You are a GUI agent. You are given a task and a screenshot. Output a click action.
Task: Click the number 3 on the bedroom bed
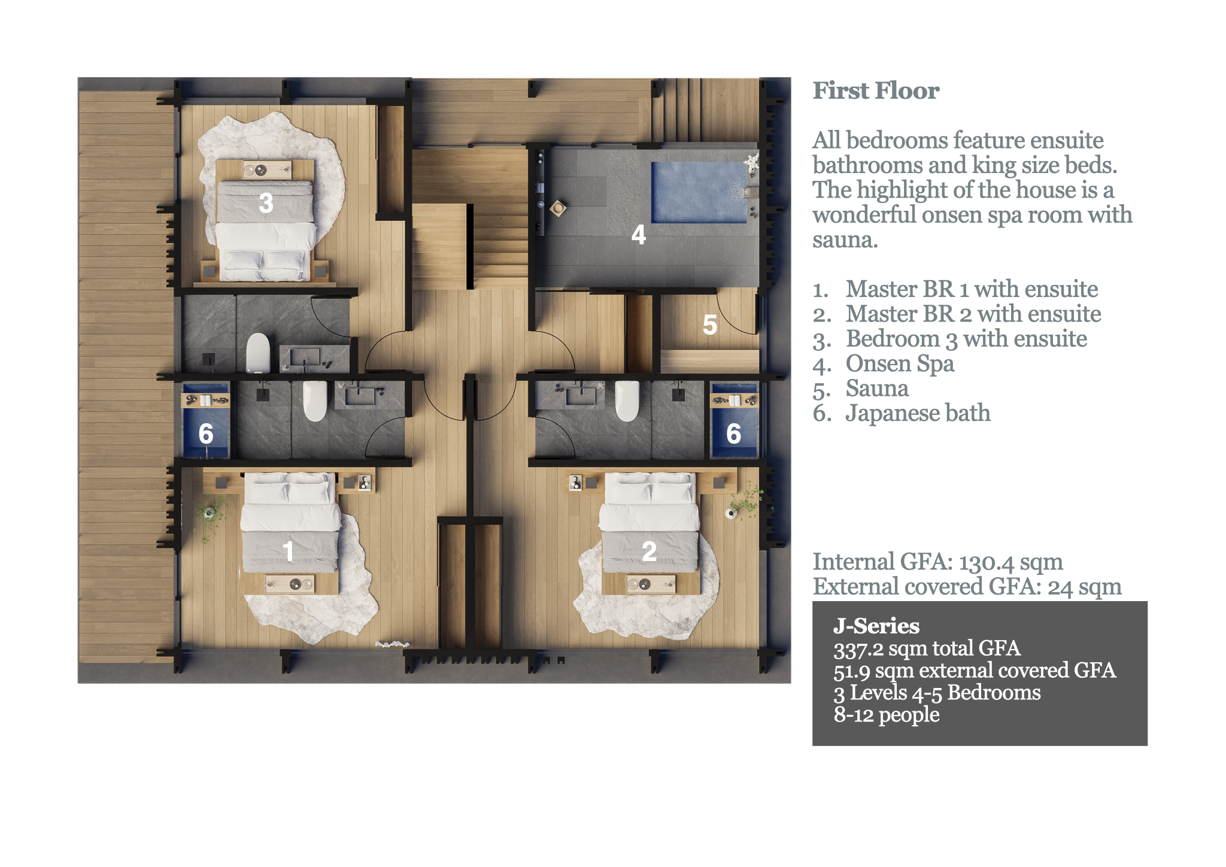pos(266,202)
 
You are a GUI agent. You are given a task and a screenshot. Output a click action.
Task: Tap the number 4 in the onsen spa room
pos(639,235)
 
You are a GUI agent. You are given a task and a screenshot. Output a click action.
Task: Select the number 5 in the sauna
pos(709,325)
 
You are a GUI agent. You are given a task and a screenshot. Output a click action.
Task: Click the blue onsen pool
pos(699,192)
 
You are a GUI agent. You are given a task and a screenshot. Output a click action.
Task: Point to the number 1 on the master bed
pos(288,551)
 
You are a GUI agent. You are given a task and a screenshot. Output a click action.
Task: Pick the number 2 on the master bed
pos(649,551)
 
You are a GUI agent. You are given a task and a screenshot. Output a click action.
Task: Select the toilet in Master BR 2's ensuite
pos(627,401)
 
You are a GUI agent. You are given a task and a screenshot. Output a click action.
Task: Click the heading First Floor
pos(875,91)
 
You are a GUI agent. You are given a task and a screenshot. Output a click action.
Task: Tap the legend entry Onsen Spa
pos(899,363)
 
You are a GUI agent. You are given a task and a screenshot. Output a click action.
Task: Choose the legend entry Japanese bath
pos(917,413)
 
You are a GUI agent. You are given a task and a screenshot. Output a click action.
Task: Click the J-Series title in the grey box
pos(876,626)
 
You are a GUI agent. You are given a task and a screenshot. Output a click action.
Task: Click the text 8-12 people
pos(886,714)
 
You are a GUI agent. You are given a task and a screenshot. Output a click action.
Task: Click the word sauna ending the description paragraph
pos(844,240)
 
